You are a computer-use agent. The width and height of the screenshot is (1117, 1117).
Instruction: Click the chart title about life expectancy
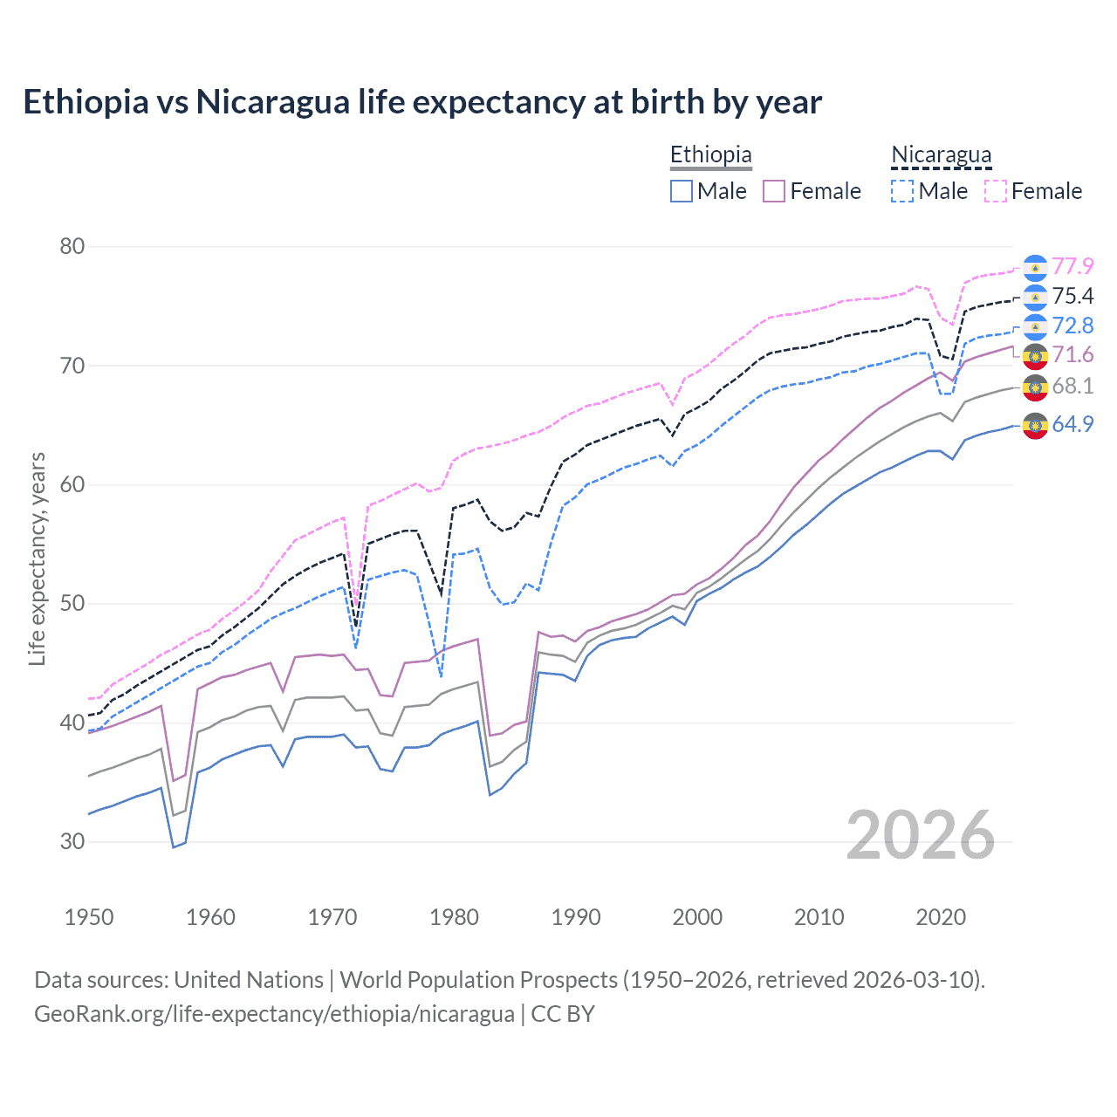point(422,102)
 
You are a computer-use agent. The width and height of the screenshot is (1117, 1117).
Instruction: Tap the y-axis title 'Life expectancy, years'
point(37,558)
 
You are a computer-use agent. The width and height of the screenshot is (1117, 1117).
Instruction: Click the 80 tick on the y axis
point(72,246)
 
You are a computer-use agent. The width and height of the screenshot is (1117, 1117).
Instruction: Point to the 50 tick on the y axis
point(72,603)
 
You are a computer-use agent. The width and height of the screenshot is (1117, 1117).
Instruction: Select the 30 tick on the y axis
point(72,841)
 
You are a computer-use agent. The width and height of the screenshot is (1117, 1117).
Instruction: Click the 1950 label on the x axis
point(89,917)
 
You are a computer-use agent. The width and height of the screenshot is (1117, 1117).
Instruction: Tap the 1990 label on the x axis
point(576,917)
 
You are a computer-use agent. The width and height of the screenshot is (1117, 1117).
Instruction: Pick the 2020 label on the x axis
point(941,917)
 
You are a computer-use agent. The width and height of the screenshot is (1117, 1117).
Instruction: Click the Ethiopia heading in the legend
point(710,154)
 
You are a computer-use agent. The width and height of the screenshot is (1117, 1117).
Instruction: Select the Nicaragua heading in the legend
point(941,154)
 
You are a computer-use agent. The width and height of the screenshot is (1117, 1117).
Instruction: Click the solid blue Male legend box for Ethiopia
point(682,191)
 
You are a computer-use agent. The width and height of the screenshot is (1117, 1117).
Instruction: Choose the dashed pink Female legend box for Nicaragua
point(996,191)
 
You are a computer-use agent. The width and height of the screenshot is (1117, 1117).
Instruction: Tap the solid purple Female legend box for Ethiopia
point(774,191)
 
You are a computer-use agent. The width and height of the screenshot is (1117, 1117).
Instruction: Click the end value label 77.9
point(1072,266)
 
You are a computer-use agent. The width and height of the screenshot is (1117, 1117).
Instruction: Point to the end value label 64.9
point(1072,425)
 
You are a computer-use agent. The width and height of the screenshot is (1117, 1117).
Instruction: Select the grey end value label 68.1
point(1072,386)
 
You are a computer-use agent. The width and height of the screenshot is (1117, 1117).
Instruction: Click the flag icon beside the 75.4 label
point(1035,298)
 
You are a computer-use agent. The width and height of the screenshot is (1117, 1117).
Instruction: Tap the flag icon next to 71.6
point(1035,356)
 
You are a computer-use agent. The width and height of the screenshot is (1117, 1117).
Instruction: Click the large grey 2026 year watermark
point(921,835)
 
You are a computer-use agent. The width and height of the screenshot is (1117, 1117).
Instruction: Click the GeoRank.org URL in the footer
point(274,1014)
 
